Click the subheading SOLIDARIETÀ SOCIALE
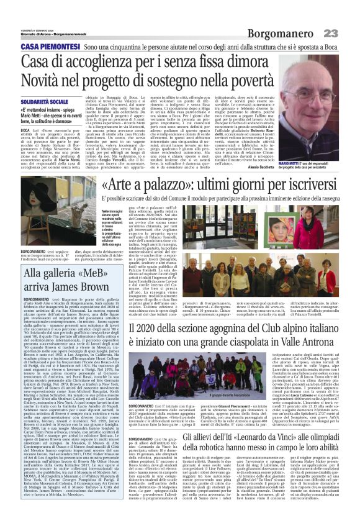45,100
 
